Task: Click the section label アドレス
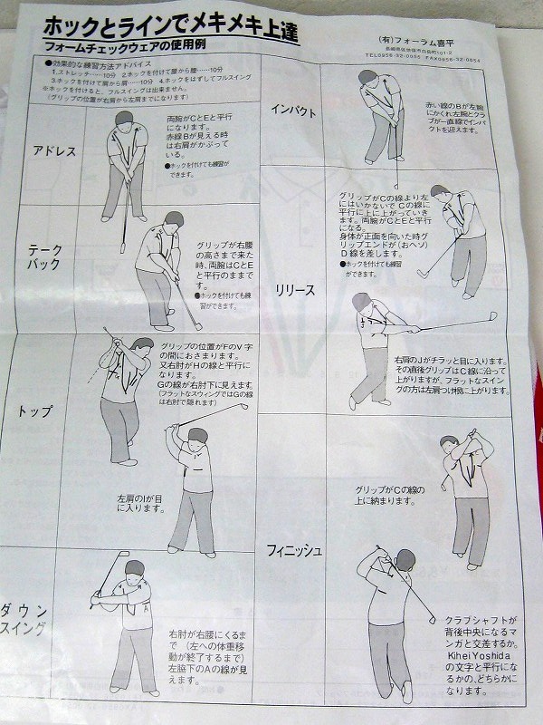click(x=53, y=151)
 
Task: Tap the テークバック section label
click(x=45, y=256)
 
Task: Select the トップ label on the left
click(x=35, y=411)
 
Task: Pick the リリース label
click(x=296, y=290)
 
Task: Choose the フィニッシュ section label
click(x=295, y=550)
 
